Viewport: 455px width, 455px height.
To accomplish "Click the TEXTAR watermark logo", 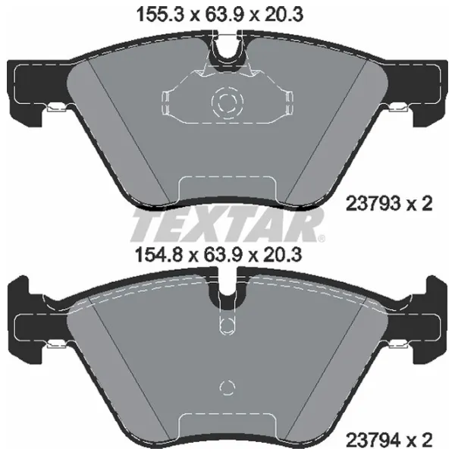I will pyautogui.click(x=227, y=224).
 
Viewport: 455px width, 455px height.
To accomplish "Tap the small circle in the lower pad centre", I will pyautogui.click(x=225, y=388).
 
